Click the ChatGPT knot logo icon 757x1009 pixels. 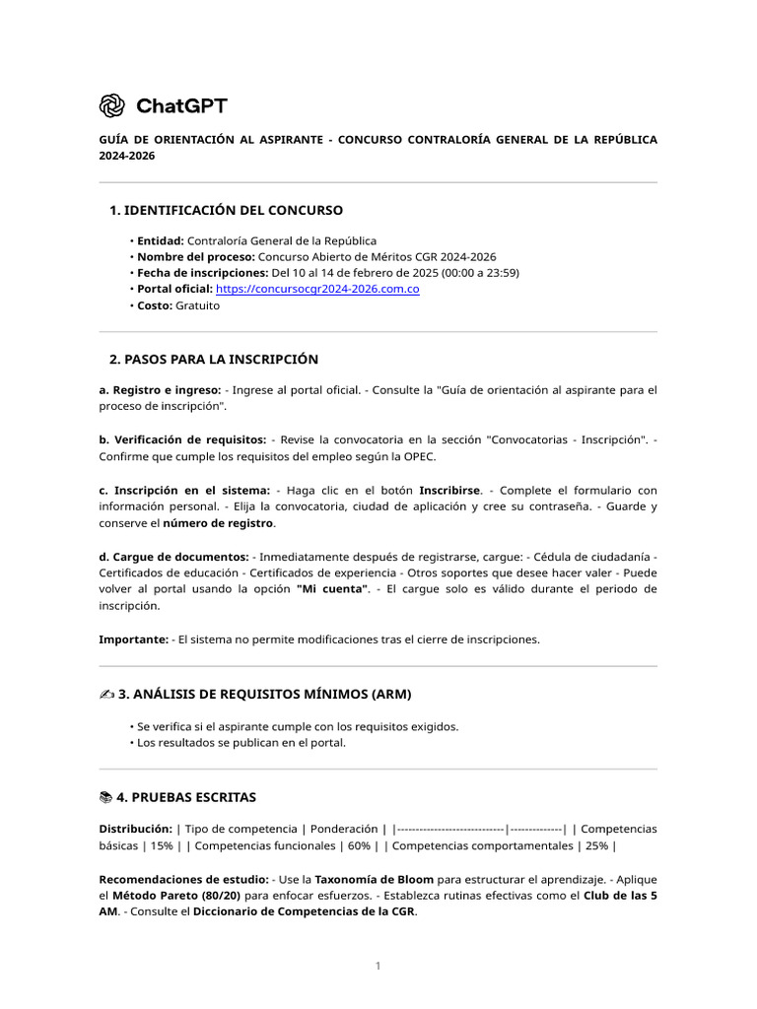[x=112, y=105]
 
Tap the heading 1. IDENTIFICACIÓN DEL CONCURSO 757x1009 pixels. [x=226, y=210]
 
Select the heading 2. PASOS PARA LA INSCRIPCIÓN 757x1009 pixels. [x=213, y=359]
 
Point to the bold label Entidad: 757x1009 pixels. [x=161, y=240]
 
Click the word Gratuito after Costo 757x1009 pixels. [x=198, y=305]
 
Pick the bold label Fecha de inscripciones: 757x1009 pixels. [x=202, y=273]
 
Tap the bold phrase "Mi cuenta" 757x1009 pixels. [x=333, y=589]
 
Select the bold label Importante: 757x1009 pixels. [x=133, y=639]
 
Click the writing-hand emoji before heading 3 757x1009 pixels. [x=107, y=694]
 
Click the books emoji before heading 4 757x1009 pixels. [x=106, y=796]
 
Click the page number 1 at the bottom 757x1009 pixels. [x=378, y=966]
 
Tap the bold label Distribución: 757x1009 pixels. [x=136, y=829]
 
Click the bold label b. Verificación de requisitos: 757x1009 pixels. [x=182, y=439]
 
